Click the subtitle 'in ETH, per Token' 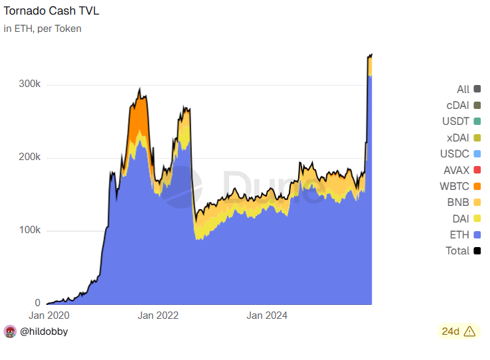click(42, 29)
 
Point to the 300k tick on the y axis click(29, 85)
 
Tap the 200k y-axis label click(29, 158)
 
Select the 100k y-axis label click(29, 230)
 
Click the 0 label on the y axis click(38, 303)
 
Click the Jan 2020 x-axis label click(49, 315)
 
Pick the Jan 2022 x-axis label click(158, 315)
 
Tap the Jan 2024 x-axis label click(267, 315)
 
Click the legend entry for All click(463, 89)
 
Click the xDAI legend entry click(457, 137)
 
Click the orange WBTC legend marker click(477, 186)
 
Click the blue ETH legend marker click(477, 234)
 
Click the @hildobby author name click(44, 331)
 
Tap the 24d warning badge click(459, 331)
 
